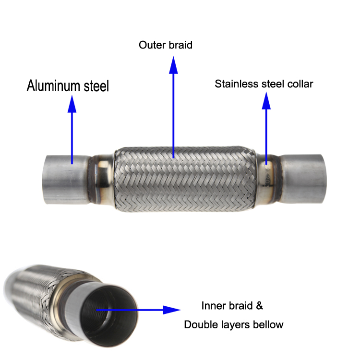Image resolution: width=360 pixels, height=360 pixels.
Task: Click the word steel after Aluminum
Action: [x=94, y=86]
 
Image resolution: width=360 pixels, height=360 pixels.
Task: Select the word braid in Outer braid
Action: [x=180, y=45]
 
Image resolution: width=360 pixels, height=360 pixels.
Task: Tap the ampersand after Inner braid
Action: [x=259, y=306]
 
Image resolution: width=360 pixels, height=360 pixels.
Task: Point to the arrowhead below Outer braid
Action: [x=174, y=67]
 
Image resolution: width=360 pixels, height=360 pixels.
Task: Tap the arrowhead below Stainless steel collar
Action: [x=266, y=101]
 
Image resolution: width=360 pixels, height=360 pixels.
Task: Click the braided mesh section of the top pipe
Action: [x=185, y=178]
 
